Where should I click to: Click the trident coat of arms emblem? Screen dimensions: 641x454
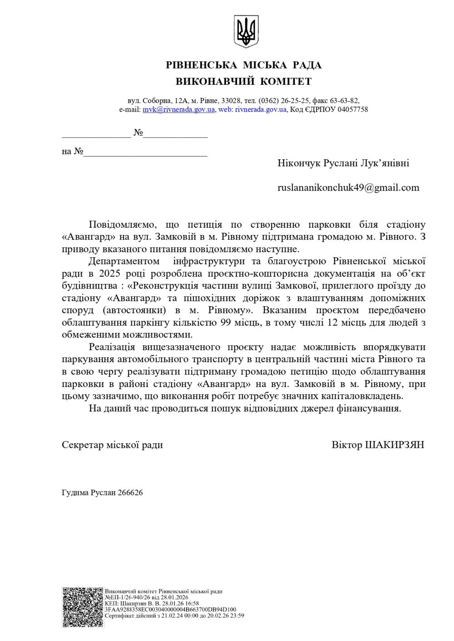tap(246, 30)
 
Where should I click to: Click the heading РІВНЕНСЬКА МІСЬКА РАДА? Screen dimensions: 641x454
tap(244, 65)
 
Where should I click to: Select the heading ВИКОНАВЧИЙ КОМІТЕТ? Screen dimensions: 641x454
tap(244, 82)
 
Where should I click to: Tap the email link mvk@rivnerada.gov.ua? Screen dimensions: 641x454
tap(178, 109)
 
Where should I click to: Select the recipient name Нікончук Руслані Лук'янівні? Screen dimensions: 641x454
tap(343, 163)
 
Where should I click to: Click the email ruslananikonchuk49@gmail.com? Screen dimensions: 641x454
tap(348, 187)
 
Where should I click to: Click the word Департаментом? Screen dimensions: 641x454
tap(124, 261)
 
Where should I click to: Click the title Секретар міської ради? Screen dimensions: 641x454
tap(112, 445)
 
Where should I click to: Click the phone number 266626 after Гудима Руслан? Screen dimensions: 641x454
tap(130, 493)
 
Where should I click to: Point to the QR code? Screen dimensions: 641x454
tap(83, 607)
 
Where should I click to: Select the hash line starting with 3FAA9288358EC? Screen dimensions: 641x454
tap(170, 610)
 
